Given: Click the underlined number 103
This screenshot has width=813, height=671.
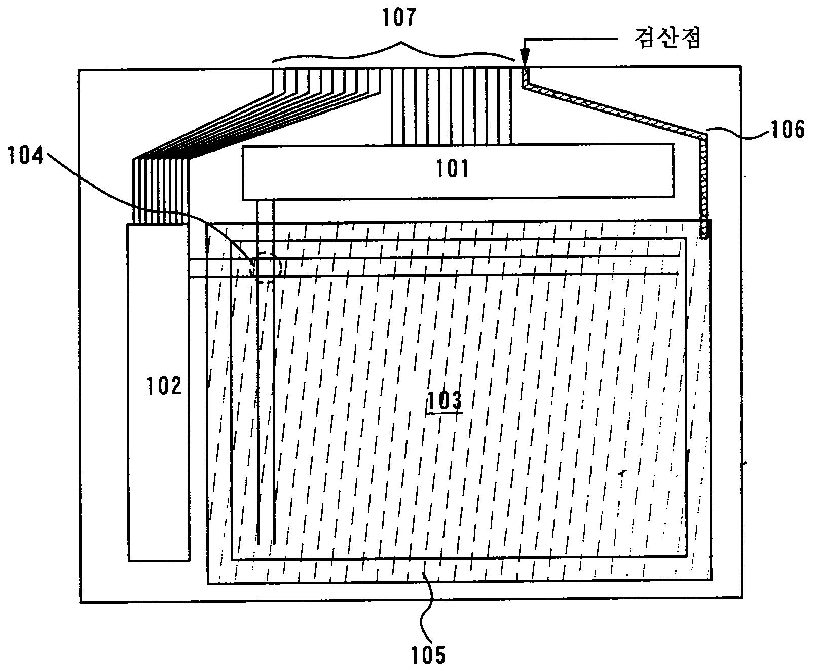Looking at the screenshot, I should pos(445,401).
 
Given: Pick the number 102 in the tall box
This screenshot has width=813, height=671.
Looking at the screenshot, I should pos(164,387).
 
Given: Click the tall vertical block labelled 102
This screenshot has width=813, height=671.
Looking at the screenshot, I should pos(159,456).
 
